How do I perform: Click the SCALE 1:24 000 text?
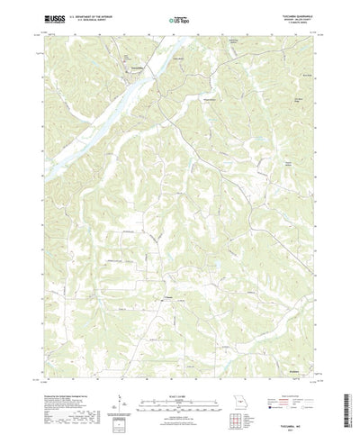tap(180, 367)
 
